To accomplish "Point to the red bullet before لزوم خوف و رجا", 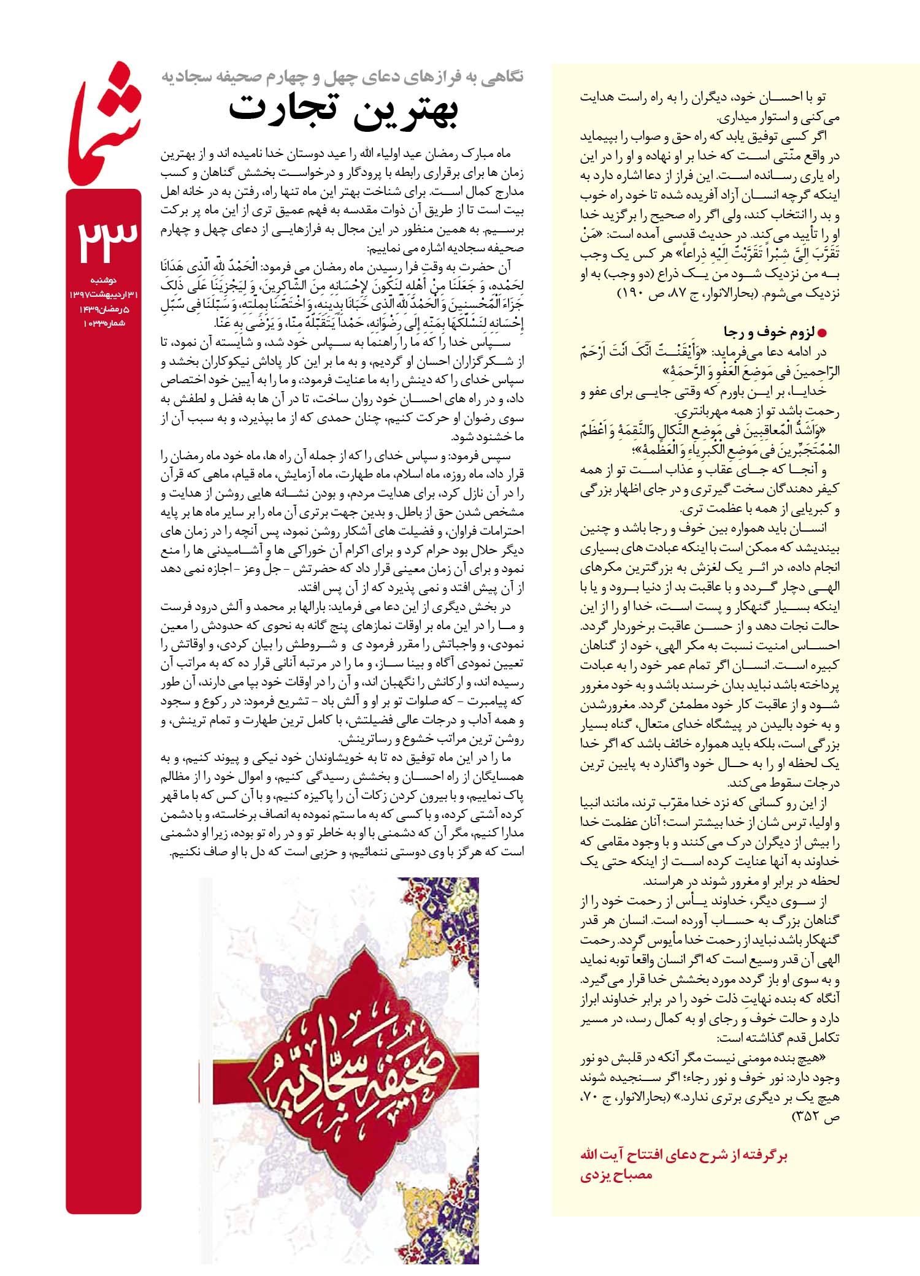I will [x=823, y=333].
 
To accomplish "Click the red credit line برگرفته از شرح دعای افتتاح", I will [x=684, y=1155].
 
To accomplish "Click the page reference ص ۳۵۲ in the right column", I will [x=816, y=1117].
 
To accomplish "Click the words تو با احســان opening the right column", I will [x=797, y=97].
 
